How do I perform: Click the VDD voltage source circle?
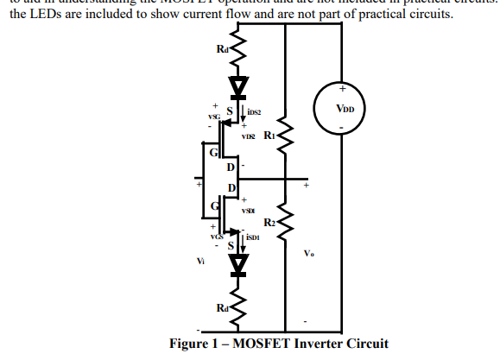(341, 110)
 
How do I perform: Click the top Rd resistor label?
(223, 48)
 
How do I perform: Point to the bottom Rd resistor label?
(223, 306)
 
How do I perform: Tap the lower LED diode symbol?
(236, 262)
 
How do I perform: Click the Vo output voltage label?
(309, 253)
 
